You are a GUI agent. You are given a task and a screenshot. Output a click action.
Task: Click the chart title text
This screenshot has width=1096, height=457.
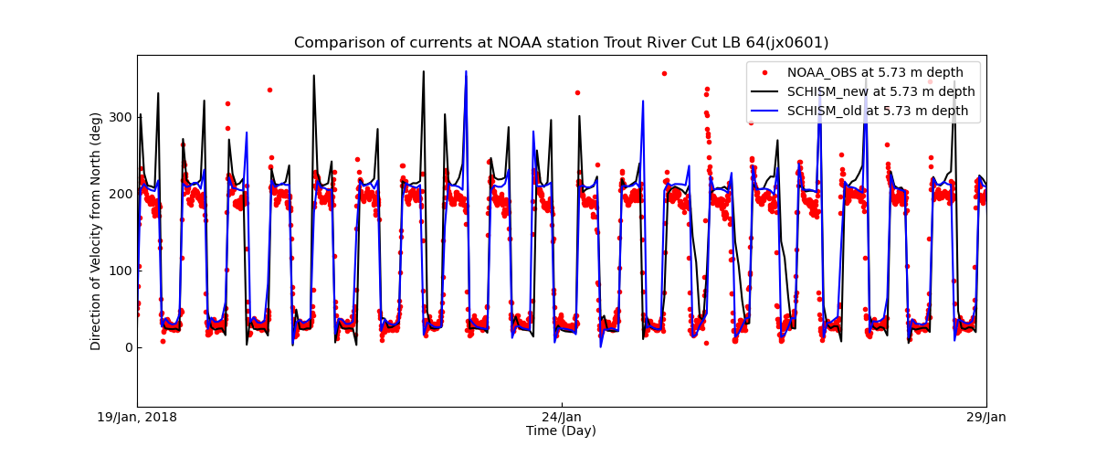click(561, 43)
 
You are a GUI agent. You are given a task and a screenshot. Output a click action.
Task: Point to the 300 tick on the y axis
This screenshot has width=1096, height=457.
click(120, 117)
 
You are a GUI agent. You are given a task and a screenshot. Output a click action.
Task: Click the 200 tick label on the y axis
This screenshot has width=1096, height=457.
click(120, 194)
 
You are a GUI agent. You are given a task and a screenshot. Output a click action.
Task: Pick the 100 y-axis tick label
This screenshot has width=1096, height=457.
click(120, 271)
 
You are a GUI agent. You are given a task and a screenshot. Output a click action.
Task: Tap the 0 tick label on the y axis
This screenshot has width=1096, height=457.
click(127, 347)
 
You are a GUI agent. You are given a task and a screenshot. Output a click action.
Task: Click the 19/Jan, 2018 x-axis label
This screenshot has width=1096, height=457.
click(138, 418)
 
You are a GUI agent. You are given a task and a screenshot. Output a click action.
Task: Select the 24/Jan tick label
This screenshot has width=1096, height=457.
click(562, 418)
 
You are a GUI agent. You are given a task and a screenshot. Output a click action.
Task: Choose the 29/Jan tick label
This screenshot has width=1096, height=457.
click(985, 418)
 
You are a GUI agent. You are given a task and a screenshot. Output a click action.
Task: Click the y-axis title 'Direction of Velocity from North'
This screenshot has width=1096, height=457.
click(96, 231)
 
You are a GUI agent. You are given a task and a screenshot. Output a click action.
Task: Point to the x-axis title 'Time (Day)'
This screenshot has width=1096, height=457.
click(562, 430)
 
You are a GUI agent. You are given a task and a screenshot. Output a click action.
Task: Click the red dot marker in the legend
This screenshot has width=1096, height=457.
click(764, 72)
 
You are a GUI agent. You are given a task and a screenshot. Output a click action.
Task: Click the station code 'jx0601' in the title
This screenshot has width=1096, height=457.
click(796, 43)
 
